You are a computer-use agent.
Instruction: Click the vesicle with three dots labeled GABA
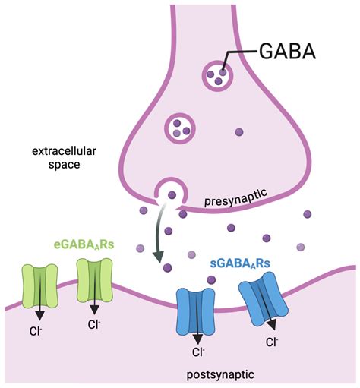click(217, 74)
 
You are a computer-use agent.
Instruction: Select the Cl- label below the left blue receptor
click(197, 352)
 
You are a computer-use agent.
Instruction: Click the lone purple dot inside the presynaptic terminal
click(239, 132)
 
